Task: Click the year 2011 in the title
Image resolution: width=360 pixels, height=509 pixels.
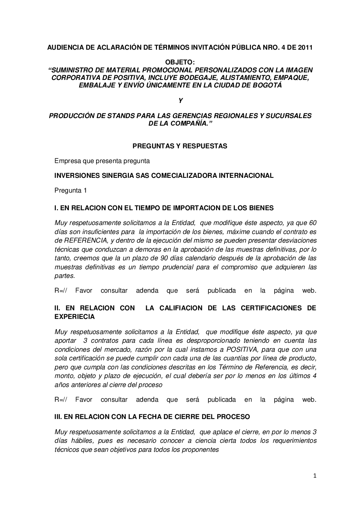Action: (x=305, y=48)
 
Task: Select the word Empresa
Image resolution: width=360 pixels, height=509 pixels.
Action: (x=68, y=161)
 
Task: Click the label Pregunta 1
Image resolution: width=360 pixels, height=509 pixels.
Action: (x=71, y=190)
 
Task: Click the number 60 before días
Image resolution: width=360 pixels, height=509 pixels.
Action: (x=313, y=223)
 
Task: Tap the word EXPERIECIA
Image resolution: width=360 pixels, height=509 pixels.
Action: (x=75, y=317)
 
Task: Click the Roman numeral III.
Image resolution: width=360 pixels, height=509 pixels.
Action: (x=58, y=417)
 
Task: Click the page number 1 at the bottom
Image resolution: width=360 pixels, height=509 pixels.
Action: (x=315, y=476)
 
